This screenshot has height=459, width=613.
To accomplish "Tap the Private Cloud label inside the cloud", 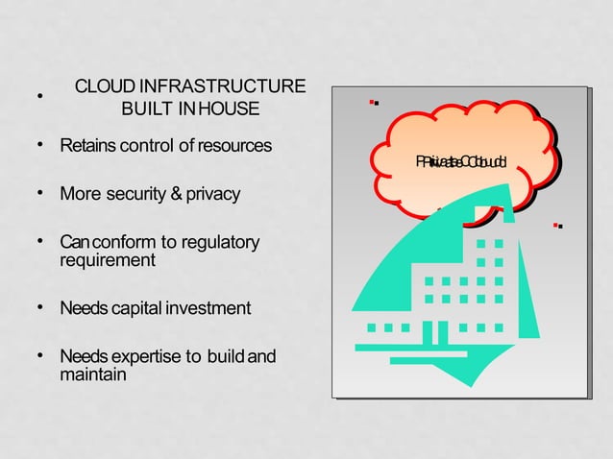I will pyautogui.click(x=462, y=162).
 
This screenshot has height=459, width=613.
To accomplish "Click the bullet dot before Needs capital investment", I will pyautogui.click(x=41, y=307).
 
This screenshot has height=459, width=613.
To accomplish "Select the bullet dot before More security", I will pyautogui.click(x=41, y=193).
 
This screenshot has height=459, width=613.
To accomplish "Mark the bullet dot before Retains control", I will pyautogui.click(x=41, y=145).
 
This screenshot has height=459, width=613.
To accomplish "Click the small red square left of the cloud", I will pyautogui.click(x=372, y=101).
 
